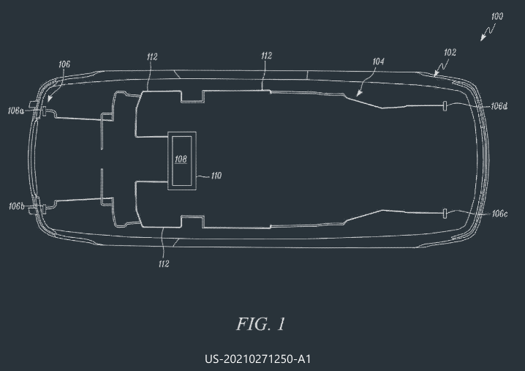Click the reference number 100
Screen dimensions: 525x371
[497, 16]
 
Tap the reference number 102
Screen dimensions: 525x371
[450, 53]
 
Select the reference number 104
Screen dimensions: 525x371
[378, 61]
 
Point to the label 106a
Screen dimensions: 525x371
[16, 110]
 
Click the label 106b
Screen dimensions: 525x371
[16, 206]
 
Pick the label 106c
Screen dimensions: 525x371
[499, 214]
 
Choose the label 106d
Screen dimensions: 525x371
[499, 106]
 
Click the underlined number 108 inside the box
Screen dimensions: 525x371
[181, 159]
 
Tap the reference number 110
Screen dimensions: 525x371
[216, 176]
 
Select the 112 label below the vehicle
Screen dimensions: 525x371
[164, 264]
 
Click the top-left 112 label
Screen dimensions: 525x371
[152, 57]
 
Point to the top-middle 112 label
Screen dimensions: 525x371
[266, 56]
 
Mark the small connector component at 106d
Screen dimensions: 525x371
[445, 106]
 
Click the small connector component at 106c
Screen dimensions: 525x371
[445, 214]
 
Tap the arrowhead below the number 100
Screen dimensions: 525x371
[483, 37]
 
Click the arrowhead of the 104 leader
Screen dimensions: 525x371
[358, 93]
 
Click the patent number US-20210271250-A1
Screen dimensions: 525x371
[258, 359]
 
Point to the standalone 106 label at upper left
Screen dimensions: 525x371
[64, 64]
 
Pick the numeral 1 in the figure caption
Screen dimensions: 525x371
[282, 324]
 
